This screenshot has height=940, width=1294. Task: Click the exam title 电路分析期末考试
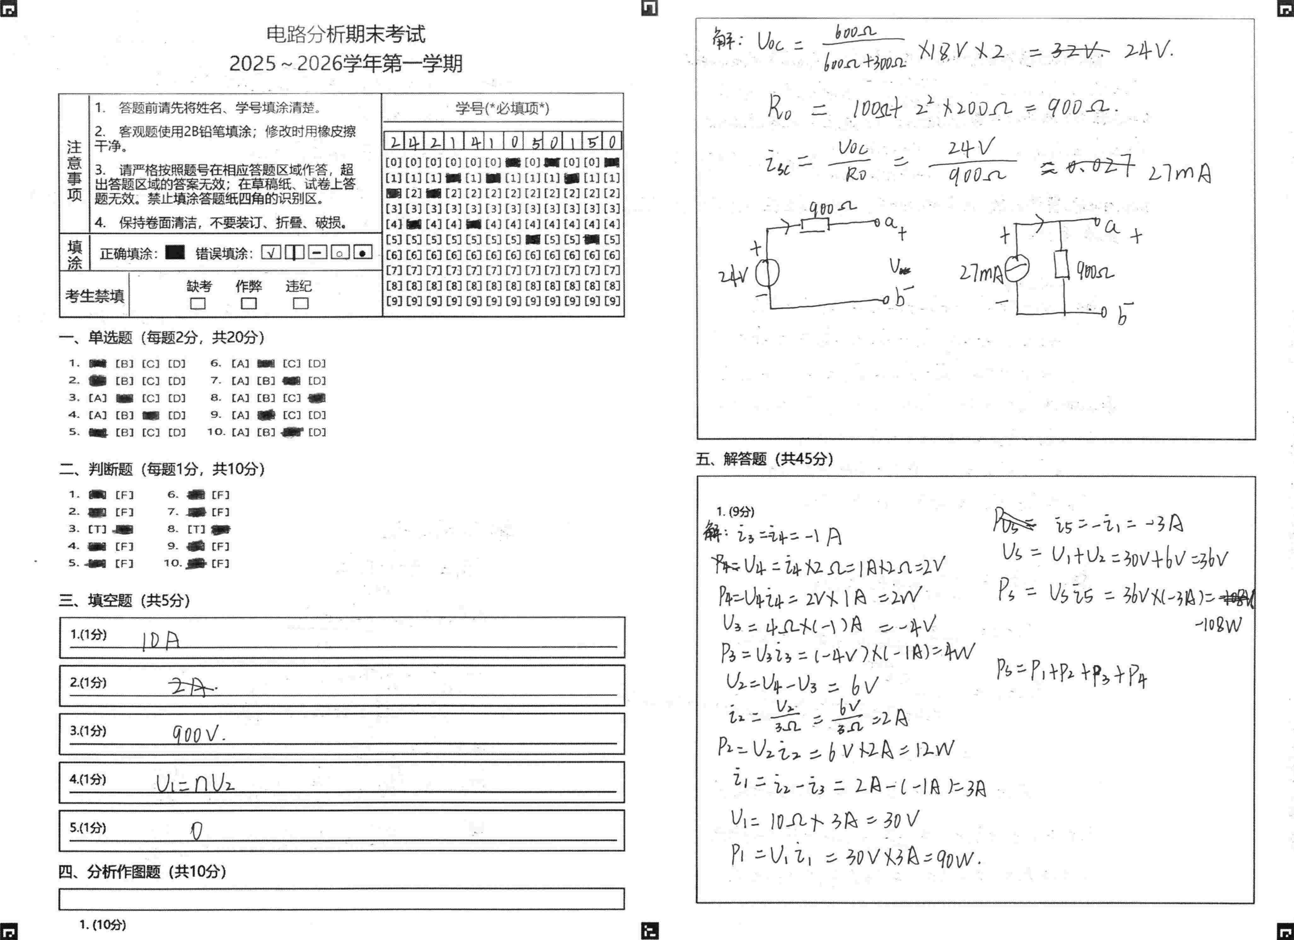coord(346,34)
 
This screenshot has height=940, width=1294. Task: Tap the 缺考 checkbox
coord(198,303)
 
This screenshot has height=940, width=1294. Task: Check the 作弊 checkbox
coord(249,303)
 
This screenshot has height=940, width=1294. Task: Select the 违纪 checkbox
coord(301,303)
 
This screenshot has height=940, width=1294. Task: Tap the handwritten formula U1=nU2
coord(195,784)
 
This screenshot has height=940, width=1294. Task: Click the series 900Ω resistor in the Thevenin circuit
coord(815,224)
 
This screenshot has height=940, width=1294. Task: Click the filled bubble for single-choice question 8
coord(317,398)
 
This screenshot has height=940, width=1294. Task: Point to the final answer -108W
coord(1217,626)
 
